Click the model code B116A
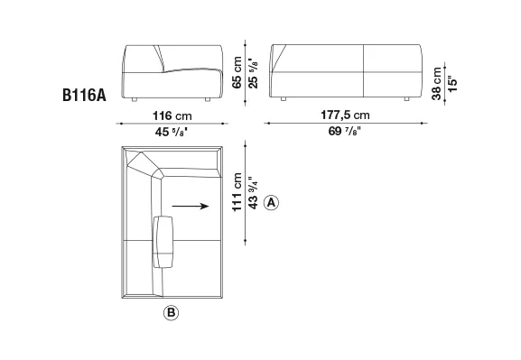point(84,96)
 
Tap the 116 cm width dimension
point(172,115)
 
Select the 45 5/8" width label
point(172,132)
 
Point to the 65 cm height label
point(237,72)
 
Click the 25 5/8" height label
point(253,75)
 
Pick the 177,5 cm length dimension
point(345,115)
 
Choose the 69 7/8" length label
point(345,131)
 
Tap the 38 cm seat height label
point(436,83)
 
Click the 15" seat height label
point(452,84)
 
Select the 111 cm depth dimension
point(237,192)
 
